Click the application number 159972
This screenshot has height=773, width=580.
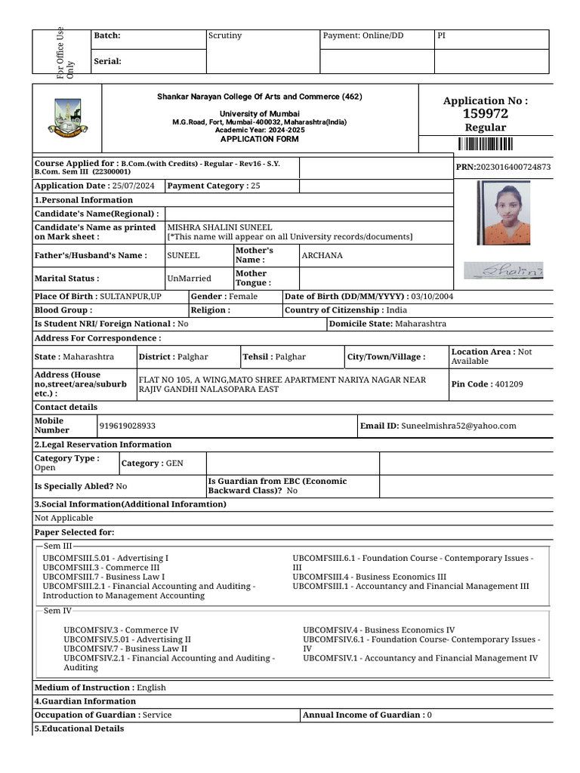(x=486, y=114)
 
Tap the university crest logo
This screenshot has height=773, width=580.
(x=66, y=118)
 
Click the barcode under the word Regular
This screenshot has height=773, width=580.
(x=485, y=145)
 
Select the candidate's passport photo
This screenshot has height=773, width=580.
(x=503, y=209)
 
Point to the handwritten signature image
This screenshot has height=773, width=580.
(x=502, y=270)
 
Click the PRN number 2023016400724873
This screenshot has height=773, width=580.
(x=514, y=167)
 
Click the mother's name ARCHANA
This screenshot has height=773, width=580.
(x=322, y=255)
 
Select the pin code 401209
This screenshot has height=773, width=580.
(x=509, y=384)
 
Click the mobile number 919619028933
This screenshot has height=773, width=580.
(x=128, y=426)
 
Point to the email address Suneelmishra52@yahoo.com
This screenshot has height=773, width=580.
(x=458, y=426)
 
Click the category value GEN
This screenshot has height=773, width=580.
(x=174, y=463)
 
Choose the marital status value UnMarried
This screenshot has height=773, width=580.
(x=189, y=279)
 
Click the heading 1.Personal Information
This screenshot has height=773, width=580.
(x=84, y=200)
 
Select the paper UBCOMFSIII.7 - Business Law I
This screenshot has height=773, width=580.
(x=103, y=577)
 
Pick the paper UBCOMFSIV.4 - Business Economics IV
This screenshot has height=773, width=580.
(x=378, y=630)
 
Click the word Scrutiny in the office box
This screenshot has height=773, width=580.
(x=225, y=35)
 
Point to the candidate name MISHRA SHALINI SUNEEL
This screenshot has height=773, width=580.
(x=220, y=227)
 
